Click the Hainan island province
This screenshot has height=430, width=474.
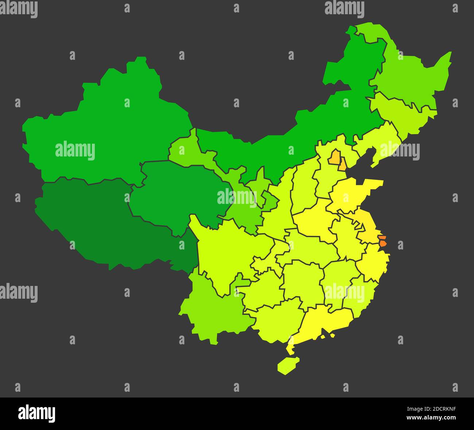tap(288, 365)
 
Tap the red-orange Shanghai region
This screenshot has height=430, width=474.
tap(382, 241)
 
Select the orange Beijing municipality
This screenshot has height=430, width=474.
tap(334, 158)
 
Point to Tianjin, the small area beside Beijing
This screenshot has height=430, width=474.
tap(342, 165)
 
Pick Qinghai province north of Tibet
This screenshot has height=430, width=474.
tap(179, 193)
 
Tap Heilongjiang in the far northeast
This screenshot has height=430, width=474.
tap(412, 77)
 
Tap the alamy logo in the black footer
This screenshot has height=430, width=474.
tap(36, 413)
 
